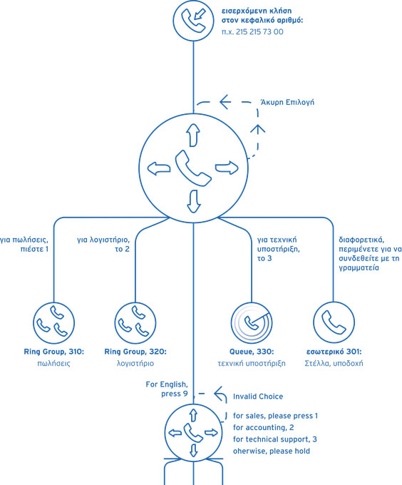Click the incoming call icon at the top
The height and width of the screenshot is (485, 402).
click(193, 21)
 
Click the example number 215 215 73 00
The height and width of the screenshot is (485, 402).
click(252, 32)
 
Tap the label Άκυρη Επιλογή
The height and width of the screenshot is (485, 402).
click(287, 103)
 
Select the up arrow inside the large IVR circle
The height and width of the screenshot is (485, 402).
click(193, 135)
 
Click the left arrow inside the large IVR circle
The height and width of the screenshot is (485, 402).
click(159, 168)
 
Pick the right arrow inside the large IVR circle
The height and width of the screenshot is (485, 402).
click(227, 168)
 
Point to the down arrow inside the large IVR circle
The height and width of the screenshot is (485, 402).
click(194, 201)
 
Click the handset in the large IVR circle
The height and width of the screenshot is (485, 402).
click(193, 168)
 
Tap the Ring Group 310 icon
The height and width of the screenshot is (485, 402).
click(53, 323)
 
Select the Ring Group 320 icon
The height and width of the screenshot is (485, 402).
click(135, 323)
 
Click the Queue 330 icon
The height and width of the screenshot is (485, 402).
click(252, 323)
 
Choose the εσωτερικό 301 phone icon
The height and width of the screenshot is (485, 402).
click(334, 322)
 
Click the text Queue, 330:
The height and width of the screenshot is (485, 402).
click(252, 352)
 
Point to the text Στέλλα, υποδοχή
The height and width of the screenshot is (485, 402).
click(334, 363)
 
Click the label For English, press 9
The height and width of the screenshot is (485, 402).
click(167, 389)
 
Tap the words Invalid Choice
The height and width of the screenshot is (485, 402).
click(258, 397)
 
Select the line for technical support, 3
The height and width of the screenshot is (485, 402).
click(275, 439)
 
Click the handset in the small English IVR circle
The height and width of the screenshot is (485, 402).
click(193, 433)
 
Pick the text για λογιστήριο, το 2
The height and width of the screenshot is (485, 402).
click(103, 245)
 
